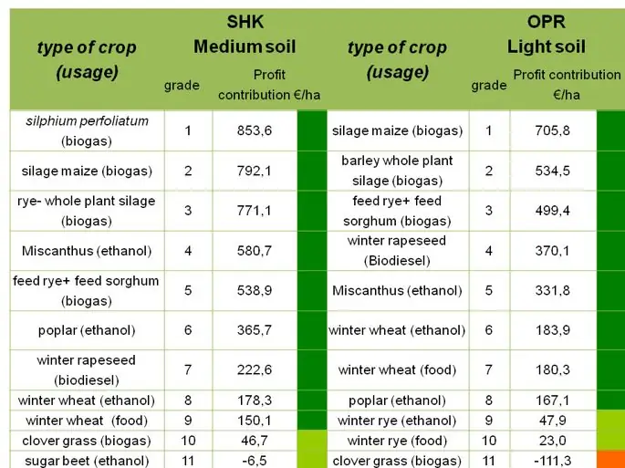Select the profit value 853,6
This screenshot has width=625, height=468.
tap(255, 130)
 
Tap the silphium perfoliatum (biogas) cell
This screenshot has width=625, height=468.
tap(88, 130)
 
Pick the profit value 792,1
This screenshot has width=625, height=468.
tap(255, 171)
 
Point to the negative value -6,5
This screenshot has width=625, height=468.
tap(255, 460)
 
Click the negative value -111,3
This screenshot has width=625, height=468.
tap(552, 460)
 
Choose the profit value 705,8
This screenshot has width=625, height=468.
tap(552, 130)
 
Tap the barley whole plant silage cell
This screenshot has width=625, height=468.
tap(396, 171)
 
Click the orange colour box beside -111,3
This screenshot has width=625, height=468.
tap(610, 458)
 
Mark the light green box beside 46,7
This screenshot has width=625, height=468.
tap(312, 440)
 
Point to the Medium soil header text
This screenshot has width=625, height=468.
tap(245, 46)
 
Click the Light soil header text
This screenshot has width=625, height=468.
tap(547, 46)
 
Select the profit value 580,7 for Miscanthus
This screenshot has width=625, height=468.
tap(255, 250)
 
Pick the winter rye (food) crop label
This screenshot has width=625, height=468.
tap(396, 440)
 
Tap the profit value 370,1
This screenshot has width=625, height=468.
tap(552, 250)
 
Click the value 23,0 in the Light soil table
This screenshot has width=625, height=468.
tap(552, 440)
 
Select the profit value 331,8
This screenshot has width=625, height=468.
tap(552, 290)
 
